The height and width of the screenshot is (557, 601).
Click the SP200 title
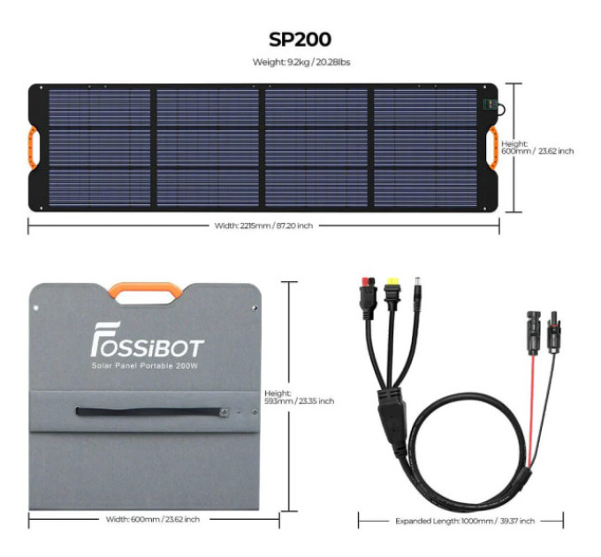pos(300,40)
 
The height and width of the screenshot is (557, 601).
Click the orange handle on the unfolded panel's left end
pos(32,148)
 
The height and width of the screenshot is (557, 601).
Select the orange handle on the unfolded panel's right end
pos(494,148)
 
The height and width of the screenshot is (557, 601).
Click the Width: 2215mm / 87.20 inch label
pos(263,225)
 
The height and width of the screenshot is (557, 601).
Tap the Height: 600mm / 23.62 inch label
pos(537,148)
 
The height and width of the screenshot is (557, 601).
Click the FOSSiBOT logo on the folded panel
pos(148,340)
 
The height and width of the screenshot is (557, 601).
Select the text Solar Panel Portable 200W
pos(145,366)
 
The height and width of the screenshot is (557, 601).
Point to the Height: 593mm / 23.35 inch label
pos(299,397)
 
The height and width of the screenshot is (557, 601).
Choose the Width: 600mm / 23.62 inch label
pos(153,520)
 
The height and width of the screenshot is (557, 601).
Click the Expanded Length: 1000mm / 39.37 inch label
pos(465,521)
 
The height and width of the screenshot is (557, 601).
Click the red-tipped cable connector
pos(368,298)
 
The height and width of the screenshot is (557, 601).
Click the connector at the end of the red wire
pos(534,332)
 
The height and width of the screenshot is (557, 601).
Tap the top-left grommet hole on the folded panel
pos(36,308)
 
